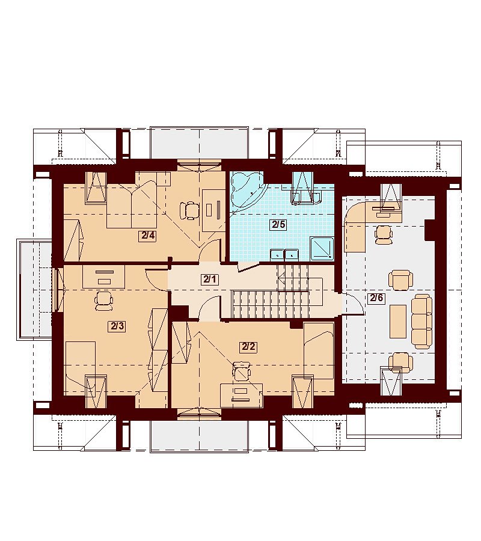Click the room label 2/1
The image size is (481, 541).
(210, 279)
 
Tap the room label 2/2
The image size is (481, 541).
(248, 346)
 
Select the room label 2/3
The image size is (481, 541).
(117, 326)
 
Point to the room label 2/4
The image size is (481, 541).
(148, 236)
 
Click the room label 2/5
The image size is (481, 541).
(278, 225)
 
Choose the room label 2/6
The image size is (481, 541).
(376, 298)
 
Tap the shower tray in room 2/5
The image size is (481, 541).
(323, 248)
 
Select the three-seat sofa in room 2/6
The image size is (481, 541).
(421, 321)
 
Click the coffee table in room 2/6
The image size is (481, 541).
(398, 321)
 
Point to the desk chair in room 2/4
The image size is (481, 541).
(190, 210)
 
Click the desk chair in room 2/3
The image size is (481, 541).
(104, 300)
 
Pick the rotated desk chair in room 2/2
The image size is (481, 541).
(242, 371)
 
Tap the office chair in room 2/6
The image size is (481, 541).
(384, 234)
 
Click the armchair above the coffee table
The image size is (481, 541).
(400, 280)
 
